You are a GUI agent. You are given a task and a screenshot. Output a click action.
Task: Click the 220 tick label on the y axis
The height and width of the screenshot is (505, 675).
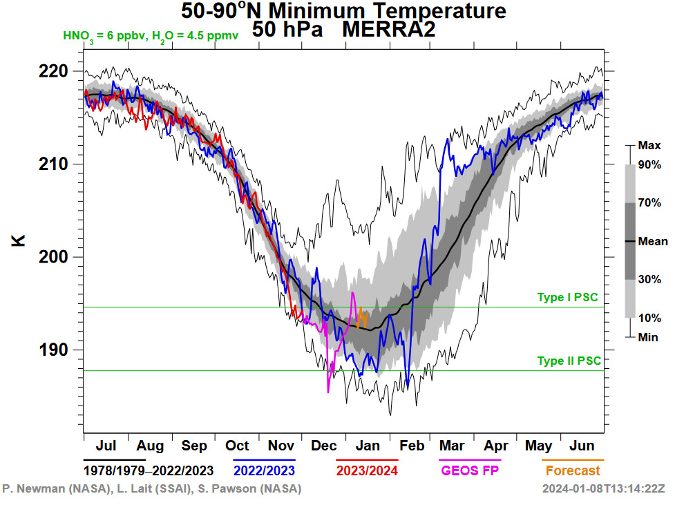click(x=54, y=71)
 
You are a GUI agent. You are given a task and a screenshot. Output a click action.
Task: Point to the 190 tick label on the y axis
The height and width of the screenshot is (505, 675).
click(x=54, y=350)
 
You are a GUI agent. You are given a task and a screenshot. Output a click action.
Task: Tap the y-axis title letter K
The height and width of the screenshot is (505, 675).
click(x=19, y=241)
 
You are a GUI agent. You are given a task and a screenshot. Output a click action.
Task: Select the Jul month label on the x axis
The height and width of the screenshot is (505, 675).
click(x=105, y=446)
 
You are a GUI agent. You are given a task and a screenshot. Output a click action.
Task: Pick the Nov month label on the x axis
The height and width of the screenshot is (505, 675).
click(x=280, y=446)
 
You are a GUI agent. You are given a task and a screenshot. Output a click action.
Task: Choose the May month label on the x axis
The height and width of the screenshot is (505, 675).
click(x=539, y=446)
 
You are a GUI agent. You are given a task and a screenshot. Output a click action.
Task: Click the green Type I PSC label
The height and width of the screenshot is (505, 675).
click(x=567, y=298)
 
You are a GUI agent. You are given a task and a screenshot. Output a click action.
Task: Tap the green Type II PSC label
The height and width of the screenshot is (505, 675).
click(x=569, y=361)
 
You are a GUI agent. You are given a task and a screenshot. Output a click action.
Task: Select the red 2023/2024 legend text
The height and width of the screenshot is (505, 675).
click(x=367, y=471)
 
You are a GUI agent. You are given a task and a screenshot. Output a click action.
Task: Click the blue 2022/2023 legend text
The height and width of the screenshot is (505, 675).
click(x=264, y=471)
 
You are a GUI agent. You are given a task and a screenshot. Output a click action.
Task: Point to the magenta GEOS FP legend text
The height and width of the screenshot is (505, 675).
click(x=470, y=471)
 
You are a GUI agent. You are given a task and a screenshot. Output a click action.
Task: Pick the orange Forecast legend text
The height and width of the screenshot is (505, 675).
click(x=573, y=471)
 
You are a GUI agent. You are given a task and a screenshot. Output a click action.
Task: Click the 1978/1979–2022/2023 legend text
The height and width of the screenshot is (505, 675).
click(x=149, y=471)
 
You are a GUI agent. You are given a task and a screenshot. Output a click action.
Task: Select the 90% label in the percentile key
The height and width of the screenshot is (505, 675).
click(x=649, y=164)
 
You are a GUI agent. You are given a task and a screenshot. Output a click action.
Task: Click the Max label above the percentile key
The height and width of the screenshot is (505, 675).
click(x=649, y=146)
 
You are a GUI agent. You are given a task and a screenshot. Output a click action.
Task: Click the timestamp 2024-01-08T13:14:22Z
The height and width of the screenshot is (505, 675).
click(x=603, y=489)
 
